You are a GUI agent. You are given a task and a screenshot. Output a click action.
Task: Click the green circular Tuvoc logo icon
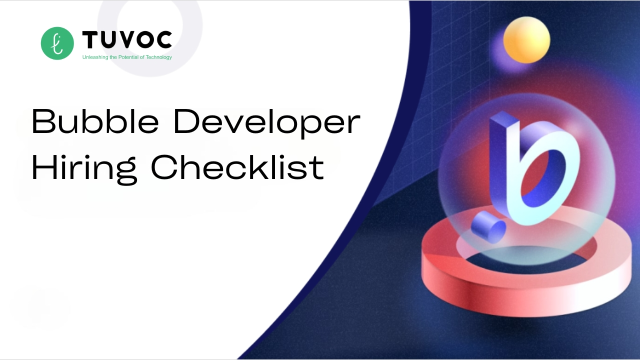57,43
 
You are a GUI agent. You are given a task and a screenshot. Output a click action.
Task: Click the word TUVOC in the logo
127,39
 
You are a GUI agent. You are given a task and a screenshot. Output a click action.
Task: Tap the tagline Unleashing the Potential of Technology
127,57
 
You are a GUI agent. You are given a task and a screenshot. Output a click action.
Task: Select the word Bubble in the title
95,121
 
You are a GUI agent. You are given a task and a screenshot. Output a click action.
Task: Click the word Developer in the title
267,123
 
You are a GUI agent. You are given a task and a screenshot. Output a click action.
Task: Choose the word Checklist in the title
237,167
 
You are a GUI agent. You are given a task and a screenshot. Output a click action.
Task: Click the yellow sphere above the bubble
526,40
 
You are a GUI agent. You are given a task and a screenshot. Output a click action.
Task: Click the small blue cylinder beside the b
488,227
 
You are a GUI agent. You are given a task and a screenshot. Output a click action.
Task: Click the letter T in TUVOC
90,39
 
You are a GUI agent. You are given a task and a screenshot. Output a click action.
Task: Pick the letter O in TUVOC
141,39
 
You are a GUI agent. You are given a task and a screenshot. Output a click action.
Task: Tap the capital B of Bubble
43,121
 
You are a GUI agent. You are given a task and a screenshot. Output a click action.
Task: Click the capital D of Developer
186,121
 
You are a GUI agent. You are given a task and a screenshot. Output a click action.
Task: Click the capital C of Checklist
164,167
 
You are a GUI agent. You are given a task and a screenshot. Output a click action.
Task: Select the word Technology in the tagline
159,57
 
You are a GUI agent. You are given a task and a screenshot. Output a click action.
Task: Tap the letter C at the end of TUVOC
163,39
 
